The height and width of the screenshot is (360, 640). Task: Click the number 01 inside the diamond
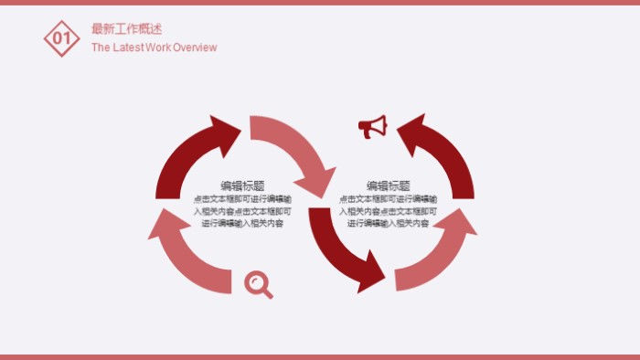tap(62, 38)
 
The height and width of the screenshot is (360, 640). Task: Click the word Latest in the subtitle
tap(130, 48)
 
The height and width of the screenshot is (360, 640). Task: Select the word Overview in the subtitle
tap(194, 48)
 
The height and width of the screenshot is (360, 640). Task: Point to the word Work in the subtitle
tap(159, 48)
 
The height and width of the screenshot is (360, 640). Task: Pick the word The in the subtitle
tap(101, 48)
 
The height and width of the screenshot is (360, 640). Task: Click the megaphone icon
tap(372, 127)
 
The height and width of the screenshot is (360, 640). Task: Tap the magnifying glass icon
tap(259, 284)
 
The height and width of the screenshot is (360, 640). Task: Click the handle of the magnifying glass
tap(268, 293)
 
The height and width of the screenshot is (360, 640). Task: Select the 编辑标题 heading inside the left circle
tap(242, 185)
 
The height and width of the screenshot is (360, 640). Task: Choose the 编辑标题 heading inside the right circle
tap(389, 185)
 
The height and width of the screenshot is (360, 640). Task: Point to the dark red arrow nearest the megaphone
tap(439, 151)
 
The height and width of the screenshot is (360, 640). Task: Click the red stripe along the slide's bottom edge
tap(320, 356)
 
